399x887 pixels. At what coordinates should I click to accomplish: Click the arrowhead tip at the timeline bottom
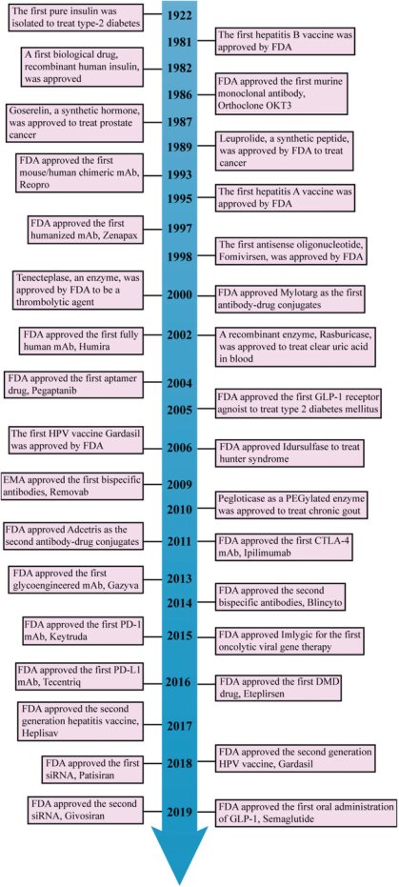(180, 883)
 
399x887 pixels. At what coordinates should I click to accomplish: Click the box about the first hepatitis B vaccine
(285, 41)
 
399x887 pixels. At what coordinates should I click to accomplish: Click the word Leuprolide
(243, 137)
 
